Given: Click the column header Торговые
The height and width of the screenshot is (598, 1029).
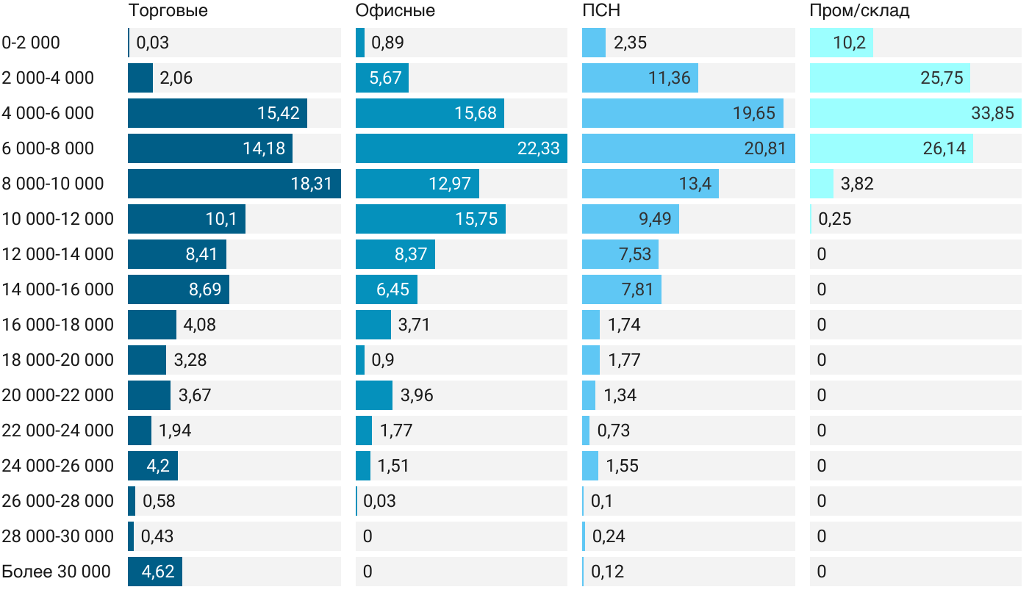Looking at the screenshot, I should (x=168, y=11).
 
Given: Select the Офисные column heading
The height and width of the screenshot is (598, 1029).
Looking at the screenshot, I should (x=395, y=11).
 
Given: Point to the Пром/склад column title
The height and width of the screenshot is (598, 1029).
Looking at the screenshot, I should (x=859, y=11).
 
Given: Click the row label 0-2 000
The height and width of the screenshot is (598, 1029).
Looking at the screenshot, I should (x=31, y=43).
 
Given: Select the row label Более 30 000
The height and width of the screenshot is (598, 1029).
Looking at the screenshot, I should (x=56, y=572).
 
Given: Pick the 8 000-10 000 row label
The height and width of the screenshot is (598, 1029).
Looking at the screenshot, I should (x=53, y=184).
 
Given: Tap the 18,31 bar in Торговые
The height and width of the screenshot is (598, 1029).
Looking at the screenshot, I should (x=234, y=184).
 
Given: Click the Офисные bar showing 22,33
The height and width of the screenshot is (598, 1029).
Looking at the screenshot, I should (x=461, y=148).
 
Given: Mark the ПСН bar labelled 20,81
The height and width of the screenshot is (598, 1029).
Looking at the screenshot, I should (x=687, y=148).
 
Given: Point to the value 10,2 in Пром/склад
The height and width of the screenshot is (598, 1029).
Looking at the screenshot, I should (x=850, y=43).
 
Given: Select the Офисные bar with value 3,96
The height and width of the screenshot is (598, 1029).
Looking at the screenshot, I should (x=373, y=395).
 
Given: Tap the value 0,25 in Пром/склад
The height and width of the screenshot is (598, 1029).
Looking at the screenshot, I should (x=834, y=219).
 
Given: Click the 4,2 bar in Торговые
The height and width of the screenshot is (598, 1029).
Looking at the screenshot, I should (x=152, y=466).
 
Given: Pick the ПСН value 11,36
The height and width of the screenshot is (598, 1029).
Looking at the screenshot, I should (x=669, y=78).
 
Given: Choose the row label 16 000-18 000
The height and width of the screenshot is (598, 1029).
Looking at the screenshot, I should (x=58, y=325).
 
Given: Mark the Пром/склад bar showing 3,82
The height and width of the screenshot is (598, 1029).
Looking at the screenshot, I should (x=821, y=184).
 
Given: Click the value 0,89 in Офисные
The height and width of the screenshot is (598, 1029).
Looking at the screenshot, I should (x=387, y=43).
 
